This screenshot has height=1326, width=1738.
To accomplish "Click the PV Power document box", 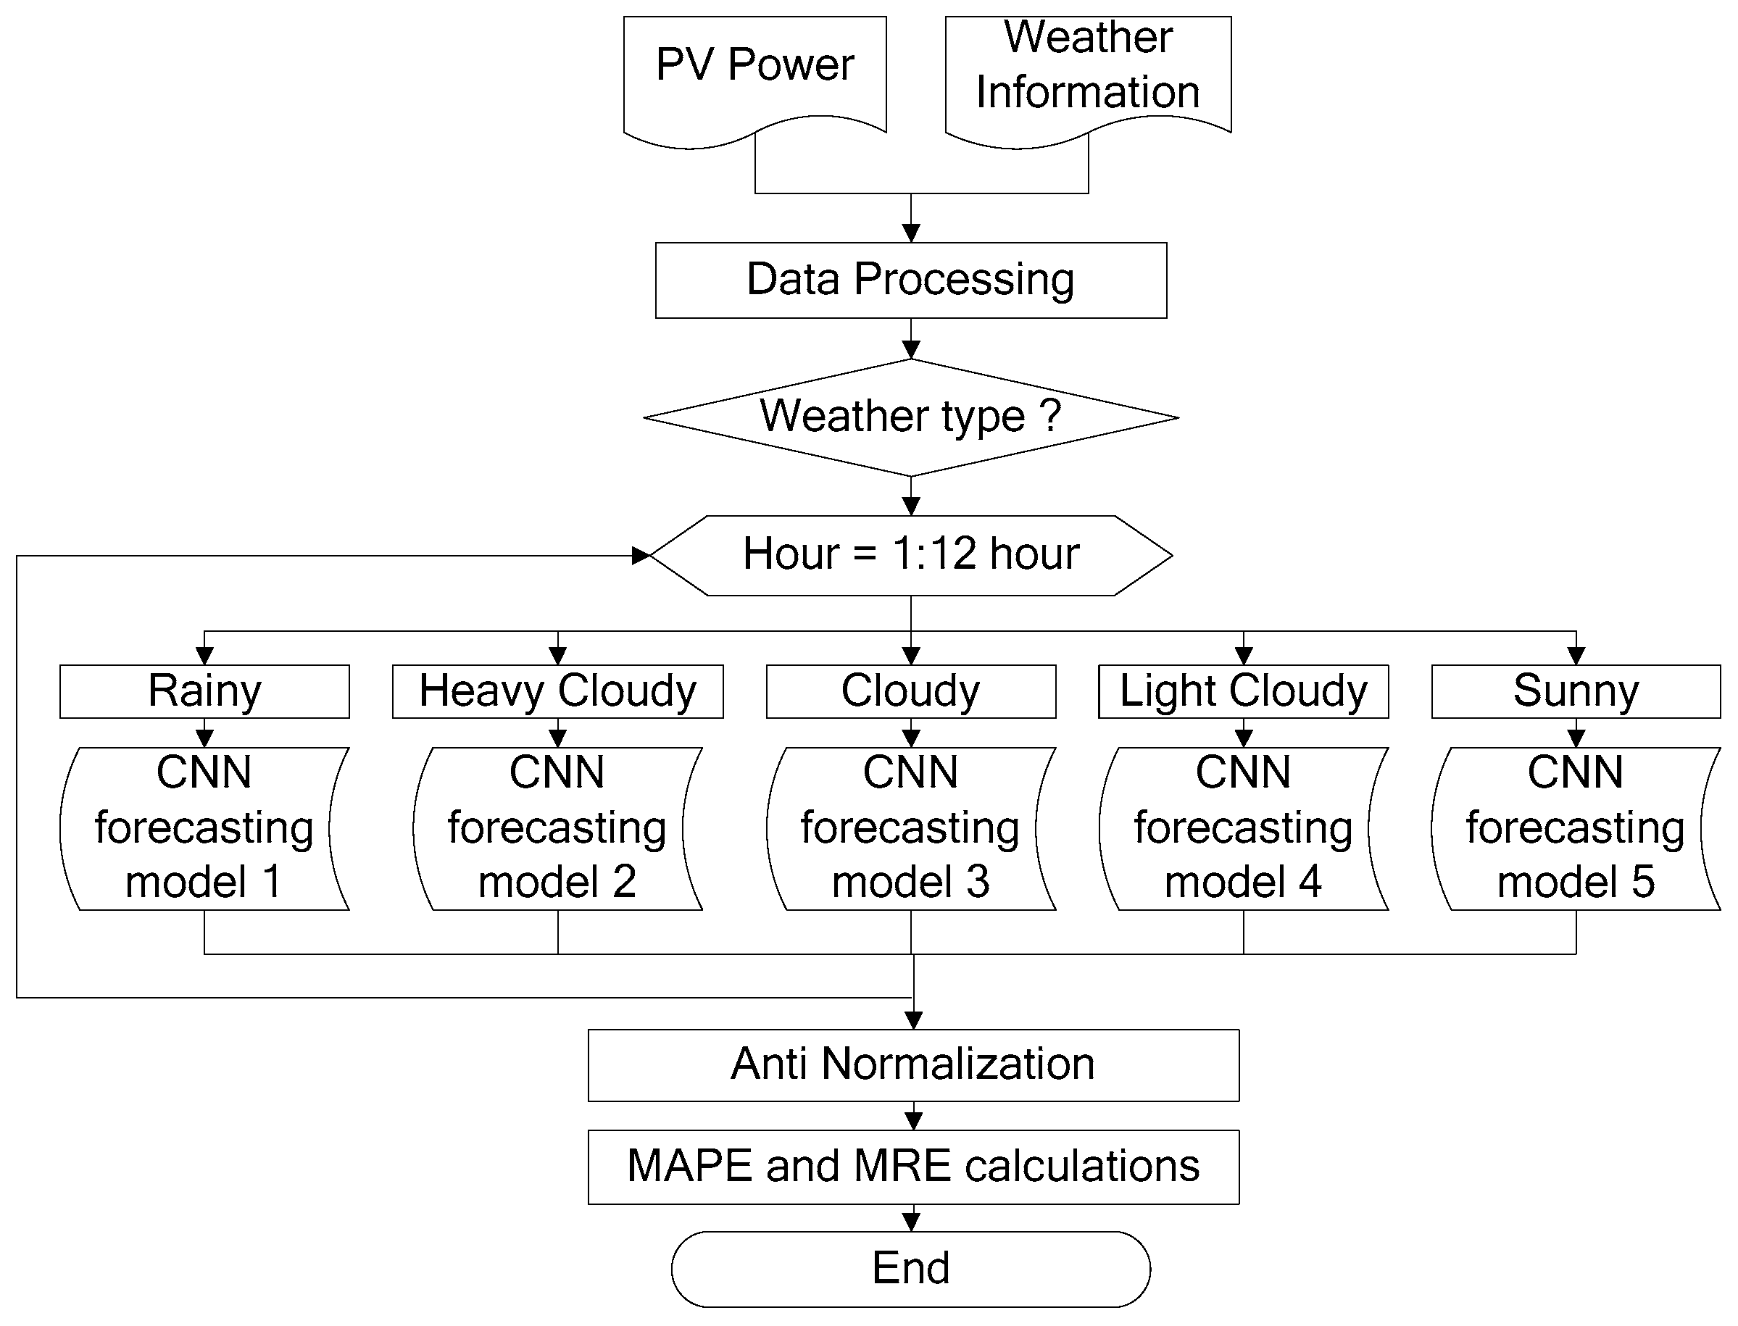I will tap(754, 75).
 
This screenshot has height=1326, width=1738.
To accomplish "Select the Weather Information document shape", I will tap(1088, 75).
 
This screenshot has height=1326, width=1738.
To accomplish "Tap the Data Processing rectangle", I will tap(911, 280).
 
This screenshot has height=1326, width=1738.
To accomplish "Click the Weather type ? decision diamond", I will tap(911, 417).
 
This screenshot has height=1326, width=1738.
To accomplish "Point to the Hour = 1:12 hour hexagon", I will tap(911, 555).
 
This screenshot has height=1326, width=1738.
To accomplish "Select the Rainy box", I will tap(204, 691).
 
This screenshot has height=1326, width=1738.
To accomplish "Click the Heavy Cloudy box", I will tap(557, 691).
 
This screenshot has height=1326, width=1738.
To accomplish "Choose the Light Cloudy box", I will tap(1243, 691).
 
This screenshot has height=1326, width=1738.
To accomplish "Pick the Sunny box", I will tap(1576, 691).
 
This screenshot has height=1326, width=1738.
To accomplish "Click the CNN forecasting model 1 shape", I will tap(204, 829).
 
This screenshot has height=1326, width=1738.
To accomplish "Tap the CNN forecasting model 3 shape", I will tap(911, 829).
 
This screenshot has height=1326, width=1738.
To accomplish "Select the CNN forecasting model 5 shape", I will tap(1576, 829).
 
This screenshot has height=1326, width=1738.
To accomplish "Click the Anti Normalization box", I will tap(913, 1064).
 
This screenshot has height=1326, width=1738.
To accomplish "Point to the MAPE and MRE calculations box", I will tap(913, 1167).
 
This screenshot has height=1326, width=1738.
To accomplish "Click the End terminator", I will tap(911, 1268).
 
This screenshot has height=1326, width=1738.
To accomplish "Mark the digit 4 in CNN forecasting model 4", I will tap(1310, 883).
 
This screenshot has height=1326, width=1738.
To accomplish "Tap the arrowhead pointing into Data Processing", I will tap(911, 233).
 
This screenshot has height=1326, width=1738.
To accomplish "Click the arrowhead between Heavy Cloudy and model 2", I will tap(557, 739).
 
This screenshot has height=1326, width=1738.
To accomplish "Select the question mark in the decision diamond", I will tap(1050, 415).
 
